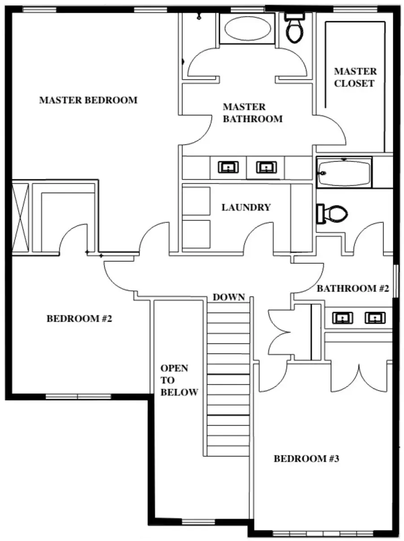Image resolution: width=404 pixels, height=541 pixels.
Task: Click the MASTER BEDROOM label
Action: [88, 100]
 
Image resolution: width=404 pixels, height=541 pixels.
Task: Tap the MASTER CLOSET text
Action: [355, 77]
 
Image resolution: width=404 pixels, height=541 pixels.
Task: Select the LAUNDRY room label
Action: [246, 207]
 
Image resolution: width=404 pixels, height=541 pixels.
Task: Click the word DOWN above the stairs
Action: [228, 297]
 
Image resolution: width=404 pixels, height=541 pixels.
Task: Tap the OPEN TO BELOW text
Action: [179, 380]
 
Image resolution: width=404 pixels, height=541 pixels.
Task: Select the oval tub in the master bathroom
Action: [247, 29]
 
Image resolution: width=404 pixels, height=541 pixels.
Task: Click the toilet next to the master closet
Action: [295, 28]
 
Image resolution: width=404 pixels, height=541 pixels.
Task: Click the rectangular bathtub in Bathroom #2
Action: [344, 173]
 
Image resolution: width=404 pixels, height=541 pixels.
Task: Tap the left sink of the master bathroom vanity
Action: [228, 167]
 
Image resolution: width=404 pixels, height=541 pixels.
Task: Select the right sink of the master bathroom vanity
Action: [267, 167]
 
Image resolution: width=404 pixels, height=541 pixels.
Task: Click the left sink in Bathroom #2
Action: [342, 318]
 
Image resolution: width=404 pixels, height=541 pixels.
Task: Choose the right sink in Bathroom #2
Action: [374, 318]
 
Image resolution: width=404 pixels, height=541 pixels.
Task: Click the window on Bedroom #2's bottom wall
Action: [78, 397]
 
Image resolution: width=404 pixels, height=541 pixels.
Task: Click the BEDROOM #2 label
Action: [79, 318]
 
